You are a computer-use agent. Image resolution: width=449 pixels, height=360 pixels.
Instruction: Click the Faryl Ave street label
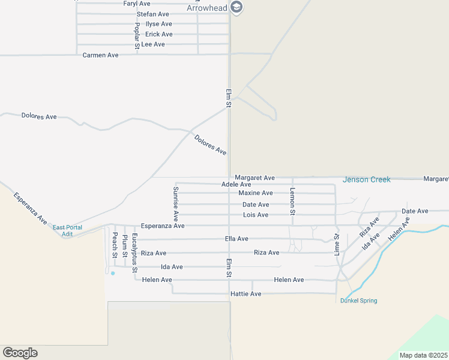(x=136, y=4)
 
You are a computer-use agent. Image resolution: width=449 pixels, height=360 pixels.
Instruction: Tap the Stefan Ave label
(x=152, y=14)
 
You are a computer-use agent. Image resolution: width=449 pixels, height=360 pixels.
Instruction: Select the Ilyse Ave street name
(x=158, y=24)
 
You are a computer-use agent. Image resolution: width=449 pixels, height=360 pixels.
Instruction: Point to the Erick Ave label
(x=158, y=34)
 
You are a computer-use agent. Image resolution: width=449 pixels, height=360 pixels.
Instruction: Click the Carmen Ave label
(x=100, y=55)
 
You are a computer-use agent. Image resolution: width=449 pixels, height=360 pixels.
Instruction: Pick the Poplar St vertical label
(x=137, y=35)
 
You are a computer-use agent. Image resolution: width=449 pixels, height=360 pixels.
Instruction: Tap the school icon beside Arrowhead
(x=237, y=8)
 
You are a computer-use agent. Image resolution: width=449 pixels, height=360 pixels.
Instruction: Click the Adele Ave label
(x=236, y=184)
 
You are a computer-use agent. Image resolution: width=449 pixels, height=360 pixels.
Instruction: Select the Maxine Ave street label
(x=255, y=193)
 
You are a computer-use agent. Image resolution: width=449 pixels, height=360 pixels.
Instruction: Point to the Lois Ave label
(x=255, y=215)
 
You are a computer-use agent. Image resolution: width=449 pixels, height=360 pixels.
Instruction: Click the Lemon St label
(x=293, y=201)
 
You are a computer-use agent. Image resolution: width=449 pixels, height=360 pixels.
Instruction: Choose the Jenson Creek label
(x=366, y=179)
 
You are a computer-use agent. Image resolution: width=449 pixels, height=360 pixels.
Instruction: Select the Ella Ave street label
(x=237, y=239)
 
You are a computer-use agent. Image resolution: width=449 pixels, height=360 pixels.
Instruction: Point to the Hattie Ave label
(x=246, y=294)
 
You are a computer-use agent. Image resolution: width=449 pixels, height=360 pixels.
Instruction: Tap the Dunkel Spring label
(x=358, y=301)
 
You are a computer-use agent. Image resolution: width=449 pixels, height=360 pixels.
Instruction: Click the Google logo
(x=20, y=353)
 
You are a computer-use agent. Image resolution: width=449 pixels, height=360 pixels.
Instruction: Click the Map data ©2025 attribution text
(x=423, y=355)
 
